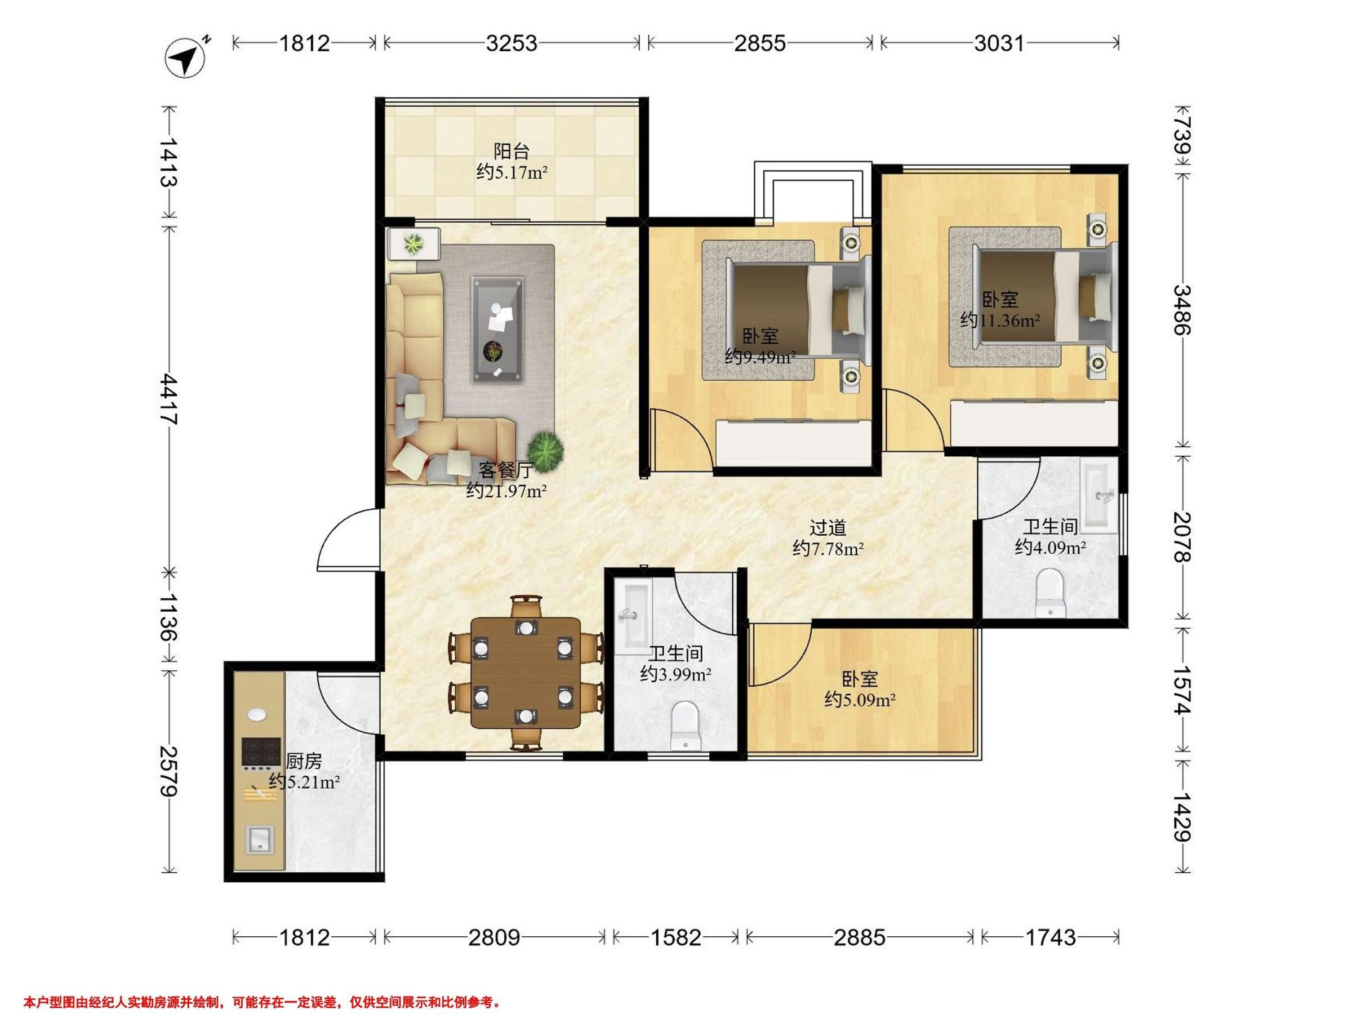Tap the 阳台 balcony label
pos(511,150)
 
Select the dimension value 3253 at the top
pos(512,43)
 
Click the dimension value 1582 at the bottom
pos(675,937)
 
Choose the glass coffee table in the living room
pos(497,330)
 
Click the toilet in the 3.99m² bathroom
pos(684,726)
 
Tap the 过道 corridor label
pos(828,527)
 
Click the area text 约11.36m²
pos(1000,319)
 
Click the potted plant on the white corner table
pos(415,244)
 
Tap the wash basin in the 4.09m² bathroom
pos(1098,494)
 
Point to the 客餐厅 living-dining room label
pos(505,469)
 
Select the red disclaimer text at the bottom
pos(262,1002)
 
